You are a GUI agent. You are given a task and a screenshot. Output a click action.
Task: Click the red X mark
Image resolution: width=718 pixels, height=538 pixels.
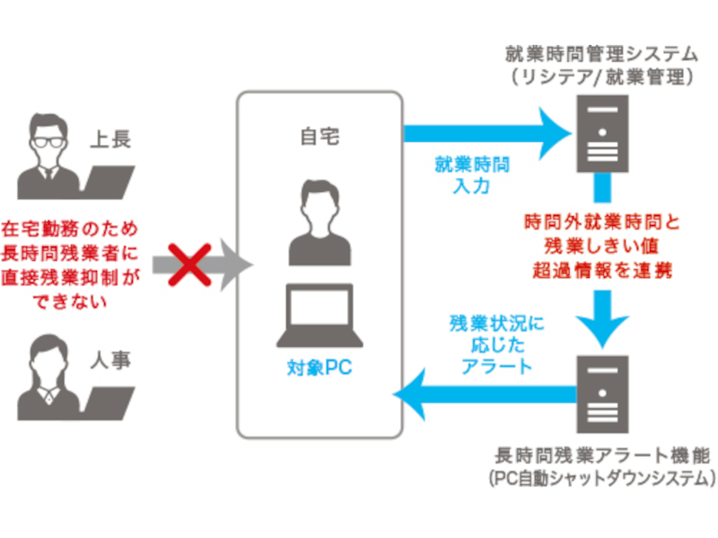189,265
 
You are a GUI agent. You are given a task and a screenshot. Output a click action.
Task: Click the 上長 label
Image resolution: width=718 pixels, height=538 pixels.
110,139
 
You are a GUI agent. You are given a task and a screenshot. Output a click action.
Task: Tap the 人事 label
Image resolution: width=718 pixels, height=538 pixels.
110,360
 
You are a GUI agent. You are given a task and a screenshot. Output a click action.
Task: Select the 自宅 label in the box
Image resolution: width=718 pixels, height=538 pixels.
320,136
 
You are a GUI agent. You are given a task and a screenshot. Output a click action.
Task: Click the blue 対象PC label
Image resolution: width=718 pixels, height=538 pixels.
320,368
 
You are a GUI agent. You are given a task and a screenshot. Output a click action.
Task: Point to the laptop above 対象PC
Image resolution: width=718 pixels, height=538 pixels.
320,316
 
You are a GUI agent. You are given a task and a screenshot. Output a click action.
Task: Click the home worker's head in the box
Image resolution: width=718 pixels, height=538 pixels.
320,205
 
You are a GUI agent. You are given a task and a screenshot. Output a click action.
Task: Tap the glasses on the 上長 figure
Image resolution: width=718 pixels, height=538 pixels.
48,142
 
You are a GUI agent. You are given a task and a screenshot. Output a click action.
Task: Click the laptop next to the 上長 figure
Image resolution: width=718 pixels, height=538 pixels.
107,182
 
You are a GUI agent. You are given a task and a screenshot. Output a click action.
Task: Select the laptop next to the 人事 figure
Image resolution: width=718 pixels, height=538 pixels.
107,403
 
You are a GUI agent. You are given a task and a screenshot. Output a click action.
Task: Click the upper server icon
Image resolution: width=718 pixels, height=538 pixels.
602,134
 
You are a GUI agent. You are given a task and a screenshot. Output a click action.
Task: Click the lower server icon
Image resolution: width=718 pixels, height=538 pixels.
602,395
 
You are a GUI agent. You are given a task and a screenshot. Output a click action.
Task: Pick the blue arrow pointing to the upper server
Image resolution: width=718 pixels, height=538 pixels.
487,133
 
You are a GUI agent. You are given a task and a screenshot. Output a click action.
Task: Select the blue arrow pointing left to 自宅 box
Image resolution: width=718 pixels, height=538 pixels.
485,395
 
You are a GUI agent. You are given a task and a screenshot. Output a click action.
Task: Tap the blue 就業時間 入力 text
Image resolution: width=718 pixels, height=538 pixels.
472,175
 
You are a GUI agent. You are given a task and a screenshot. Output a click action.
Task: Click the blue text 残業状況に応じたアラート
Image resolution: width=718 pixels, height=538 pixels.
497,345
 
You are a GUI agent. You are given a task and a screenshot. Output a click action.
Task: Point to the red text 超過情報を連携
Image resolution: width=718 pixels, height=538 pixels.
601,271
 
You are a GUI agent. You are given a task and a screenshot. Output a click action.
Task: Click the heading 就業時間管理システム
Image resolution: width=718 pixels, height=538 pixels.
601,54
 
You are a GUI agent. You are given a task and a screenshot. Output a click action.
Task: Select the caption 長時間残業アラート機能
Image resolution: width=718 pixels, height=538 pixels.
602,456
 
